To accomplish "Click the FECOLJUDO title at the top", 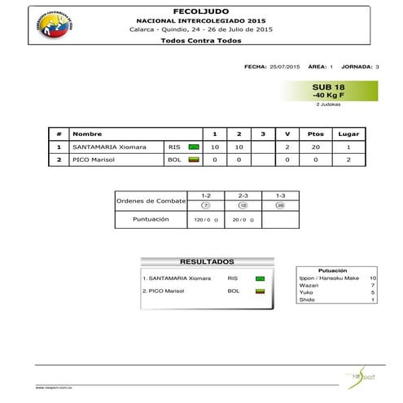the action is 200,9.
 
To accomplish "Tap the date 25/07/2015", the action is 285,66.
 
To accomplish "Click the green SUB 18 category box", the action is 328,90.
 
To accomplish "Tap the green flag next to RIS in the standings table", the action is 194,147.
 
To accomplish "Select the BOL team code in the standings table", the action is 174,160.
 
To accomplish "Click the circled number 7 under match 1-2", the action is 206,205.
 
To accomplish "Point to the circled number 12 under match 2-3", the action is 243,205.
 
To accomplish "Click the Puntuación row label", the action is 151,219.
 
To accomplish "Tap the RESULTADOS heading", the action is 207,262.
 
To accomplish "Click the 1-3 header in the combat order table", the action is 279,196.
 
